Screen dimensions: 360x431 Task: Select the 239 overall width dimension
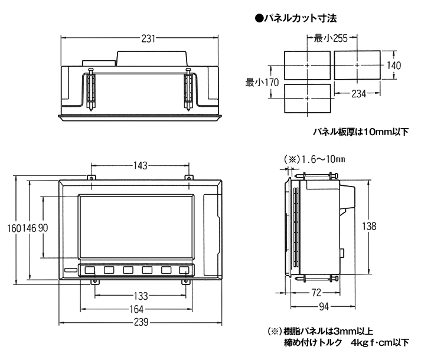point(141,323)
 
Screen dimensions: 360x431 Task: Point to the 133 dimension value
point(141,295)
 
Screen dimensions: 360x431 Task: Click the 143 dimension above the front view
point(139,166)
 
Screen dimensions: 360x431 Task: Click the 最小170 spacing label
point(262,83)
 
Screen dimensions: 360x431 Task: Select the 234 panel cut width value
point(358,94)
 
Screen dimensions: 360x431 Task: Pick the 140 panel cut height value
point(393,65)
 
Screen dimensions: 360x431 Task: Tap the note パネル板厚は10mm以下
point(360,132)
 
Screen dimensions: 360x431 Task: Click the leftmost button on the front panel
point(90,271)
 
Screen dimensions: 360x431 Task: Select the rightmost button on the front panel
point(184,271)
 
